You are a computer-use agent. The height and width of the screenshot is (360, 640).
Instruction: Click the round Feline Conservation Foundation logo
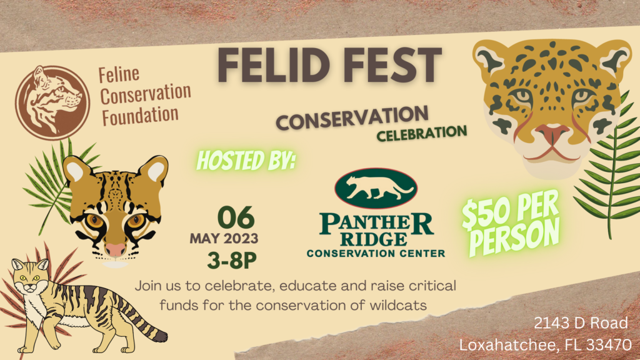click(52, 103)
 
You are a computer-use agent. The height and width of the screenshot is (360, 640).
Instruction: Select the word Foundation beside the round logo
click(140, 115)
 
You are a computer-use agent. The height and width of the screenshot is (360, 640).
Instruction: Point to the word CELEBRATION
click(422, 133)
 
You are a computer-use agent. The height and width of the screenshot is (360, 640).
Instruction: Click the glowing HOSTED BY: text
click(246, 160)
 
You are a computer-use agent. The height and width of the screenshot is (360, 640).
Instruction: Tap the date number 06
click(236, 217)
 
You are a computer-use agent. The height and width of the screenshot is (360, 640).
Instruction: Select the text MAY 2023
click(224, 238)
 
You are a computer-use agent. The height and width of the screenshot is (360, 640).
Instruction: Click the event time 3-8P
click(232, 260)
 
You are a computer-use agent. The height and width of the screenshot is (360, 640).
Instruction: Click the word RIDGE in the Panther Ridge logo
click(374, 239)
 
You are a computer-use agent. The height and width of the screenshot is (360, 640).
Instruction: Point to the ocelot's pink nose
click(116, 249)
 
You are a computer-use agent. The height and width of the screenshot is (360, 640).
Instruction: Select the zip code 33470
click(609, 345)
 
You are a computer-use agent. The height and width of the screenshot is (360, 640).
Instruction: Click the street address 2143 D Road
click(581, 323)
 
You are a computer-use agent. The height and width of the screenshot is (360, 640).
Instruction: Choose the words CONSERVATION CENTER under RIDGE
click(376, 254)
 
